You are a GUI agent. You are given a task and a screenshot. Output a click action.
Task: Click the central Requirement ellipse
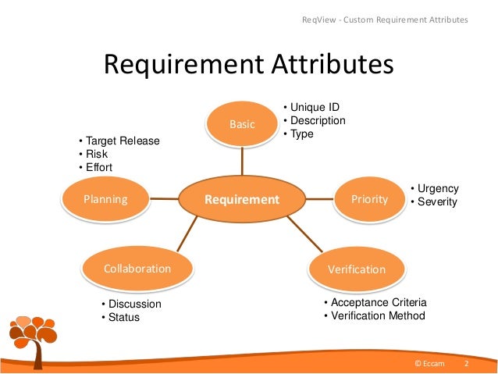coord(242,200)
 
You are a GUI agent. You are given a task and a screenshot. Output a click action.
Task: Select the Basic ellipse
coord(242,123)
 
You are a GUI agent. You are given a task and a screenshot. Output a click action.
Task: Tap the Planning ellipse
coord(105,199)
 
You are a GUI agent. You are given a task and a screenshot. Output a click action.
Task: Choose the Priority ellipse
coord(370,199)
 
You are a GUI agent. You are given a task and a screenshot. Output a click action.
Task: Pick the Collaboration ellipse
coord(137,269)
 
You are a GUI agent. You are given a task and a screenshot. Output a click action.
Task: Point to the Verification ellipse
coord(357,269)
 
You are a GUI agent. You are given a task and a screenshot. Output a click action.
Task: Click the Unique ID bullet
coord(311,108)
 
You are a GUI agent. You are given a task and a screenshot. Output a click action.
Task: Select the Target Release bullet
coord(119,141)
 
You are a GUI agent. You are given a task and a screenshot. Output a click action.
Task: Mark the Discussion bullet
coord(131,305)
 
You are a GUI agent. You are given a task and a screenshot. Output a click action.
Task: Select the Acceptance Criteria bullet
coord(375,302)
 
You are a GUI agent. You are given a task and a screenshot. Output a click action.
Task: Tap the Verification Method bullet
coord(375,315)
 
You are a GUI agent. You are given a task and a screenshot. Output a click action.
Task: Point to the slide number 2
coord(466,364)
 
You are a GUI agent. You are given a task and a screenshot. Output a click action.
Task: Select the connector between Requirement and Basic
coord(242,161)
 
